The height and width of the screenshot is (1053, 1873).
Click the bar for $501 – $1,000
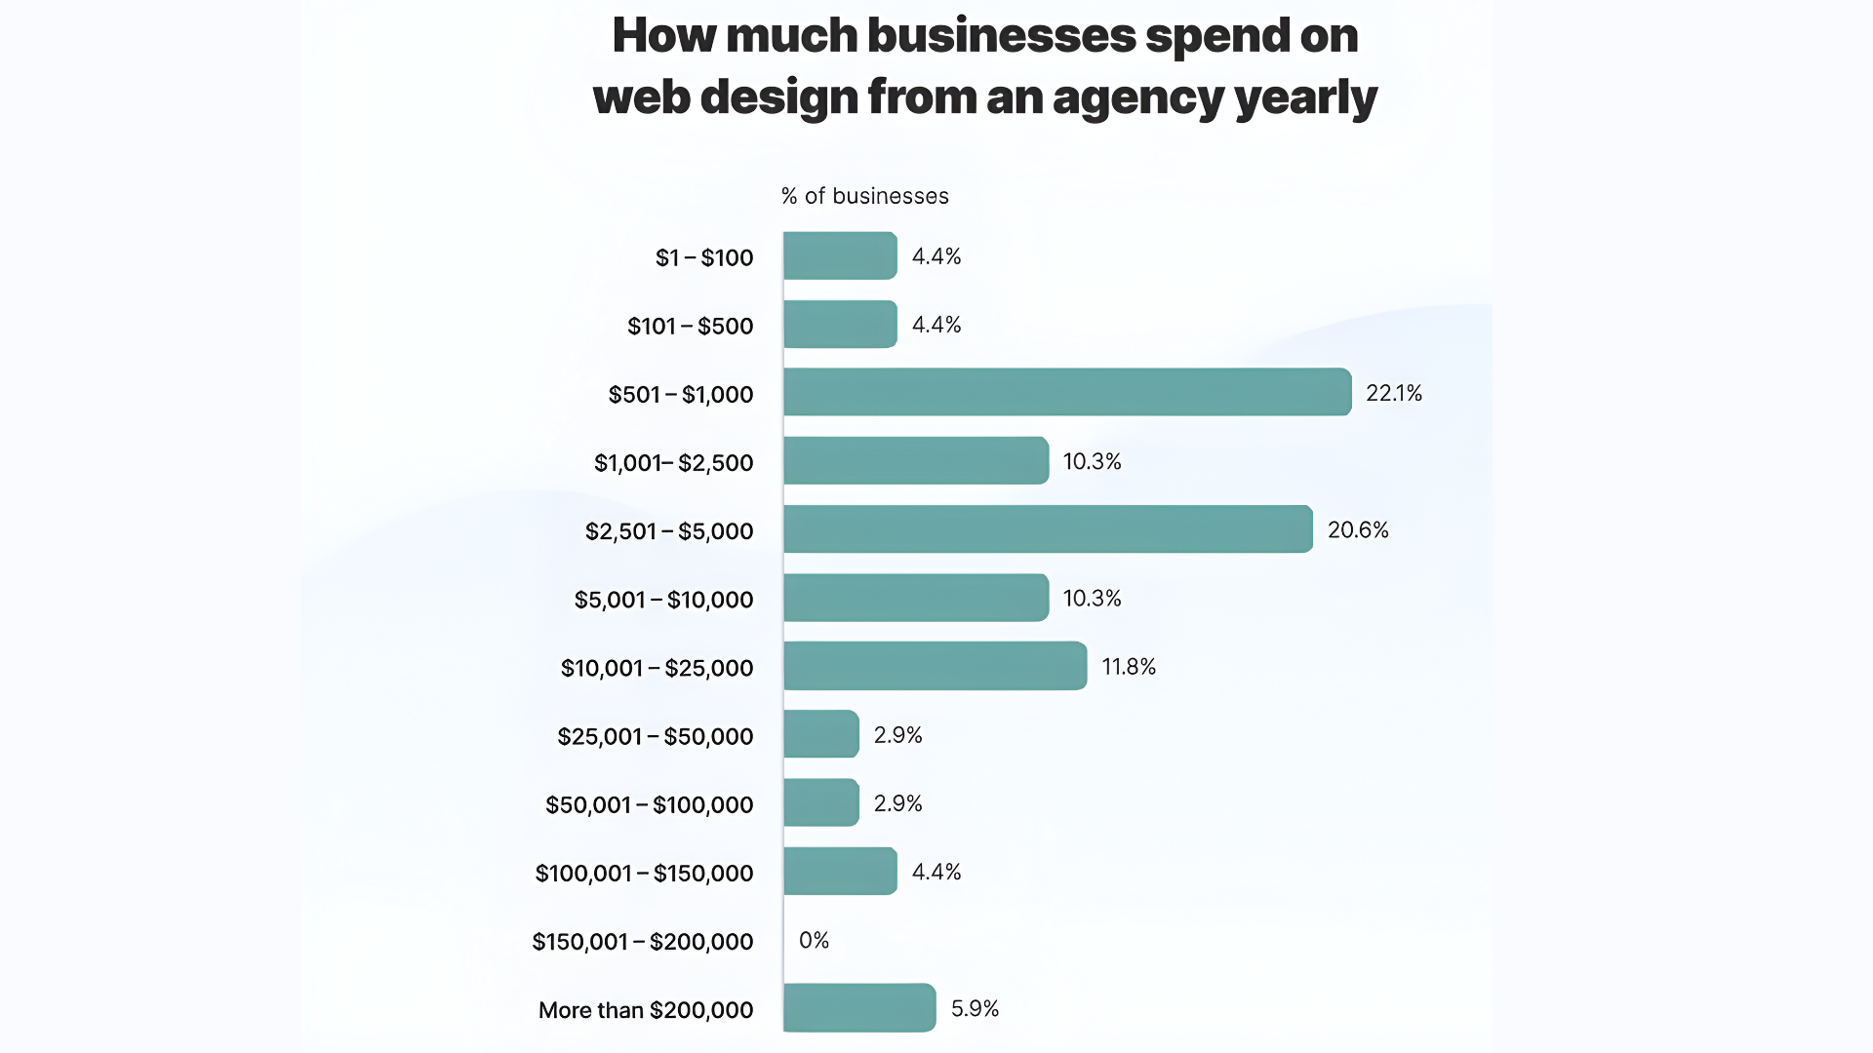tap(1067, 392)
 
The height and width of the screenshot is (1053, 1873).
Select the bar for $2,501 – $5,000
tap(1048, 529)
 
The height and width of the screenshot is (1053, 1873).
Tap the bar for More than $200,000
tap(859, 1008)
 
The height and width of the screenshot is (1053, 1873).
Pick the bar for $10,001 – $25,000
tap(935, 666)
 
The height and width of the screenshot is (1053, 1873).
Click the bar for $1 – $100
tap(840, 255)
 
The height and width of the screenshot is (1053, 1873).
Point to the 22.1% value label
tap(1394, 393)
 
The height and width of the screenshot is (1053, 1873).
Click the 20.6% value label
tap(1358, 529)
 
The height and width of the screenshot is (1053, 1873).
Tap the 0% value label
tap(814, 940)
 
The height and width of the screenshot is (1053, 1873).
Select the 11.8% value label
tap(1129, 667)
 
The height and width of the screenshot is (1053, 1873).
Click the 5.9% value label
tap(975, 1008)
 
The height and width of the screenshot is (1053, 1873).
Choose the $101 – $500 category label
tap(690, 326)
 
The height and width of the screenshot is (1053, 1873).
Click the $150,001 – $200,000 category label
tap(642, 942)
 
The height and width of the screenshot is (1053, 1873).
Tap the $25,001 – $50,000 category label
tap(655, 736)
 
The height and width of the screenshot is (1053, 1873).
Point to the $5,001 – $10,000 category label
tap(663, 600)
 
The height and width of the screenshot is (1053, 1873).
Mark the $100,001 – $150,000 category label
tap(644, 874)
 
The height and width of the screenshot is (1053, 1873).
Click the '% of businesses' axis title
tap(864, 196)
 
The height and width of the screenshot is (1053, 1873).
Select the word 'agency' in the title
tap(1137, 98)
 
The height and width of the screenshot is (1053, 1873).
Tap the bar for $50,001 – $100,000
tap(820, 802)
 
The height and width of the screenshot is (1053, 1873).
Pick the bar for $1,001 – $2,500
tap(915, 460)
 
